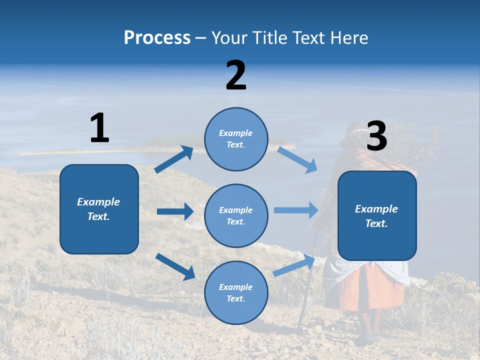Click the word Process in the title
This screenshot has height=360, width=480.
(157, 38)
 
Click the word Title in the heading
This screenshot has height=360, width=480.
(268, 38)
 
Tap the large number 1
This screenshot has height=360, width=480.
(99, 128)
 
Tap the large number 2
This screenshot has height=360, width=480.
(236, 75)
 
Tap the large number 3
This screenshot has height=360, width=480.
(376, 136)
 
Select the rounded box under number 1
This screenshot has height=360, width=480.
(99, 209)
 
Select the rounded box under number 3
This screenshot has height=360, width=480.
(377, 216)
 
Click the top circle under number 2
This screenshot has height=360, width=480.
(236, 139)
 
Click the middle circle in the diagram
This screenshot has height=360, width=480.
(236, 215)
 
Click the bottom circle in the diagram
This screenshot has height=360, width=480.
(236, 292)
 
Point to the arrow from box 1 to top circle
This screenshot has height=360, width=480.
(174, 159)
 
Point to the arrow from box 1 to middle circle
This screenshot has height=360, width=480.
(175, 211)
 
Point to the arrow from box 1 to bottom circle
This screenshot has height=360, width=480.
(175, 266)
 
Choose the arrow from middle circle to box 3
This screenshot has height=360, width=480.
(296, 210)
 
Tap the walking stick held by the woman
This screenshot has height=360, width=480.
(306, 295)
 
